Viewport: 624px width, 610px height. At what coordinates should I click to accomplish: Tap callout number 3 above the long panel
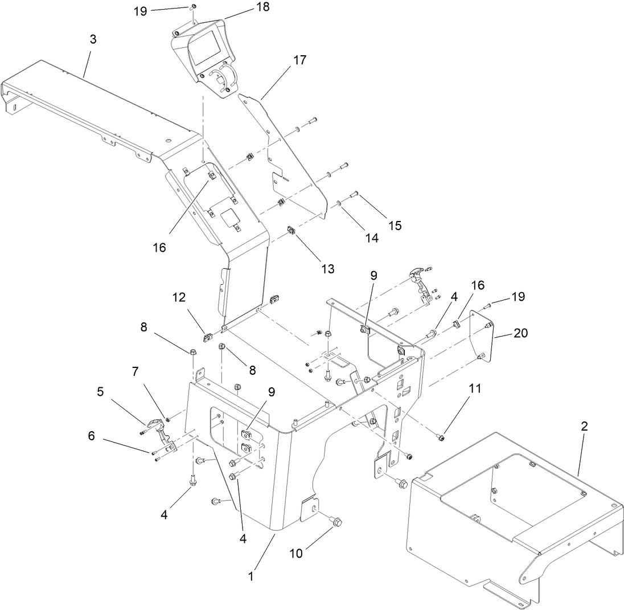[x=93, y=39]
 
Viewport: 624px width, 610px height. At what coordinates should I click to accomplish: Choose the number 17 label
[x=300, y=60]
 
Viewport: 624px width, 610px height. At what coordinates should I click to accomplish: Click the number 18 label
[x=262, y=7]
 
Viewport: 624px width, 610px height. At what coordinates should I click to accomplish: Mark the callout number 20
[x=520, y=333]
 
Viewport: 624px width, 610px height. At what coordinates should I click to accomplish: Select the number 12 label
[x=179, y=297]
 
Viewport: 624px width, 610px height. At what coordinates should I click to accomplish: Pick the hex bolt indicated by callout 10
[x=336, y=521]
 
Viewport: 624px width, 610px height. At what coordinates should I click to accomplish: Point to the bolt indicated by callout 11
[x=441, y=437]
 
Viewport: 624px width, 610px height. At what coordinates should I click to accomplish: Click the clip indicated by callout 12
[x=209, y=331]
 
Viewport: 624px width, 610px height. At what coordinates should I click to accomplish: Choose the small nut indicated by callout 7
[x=168, y=421]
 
